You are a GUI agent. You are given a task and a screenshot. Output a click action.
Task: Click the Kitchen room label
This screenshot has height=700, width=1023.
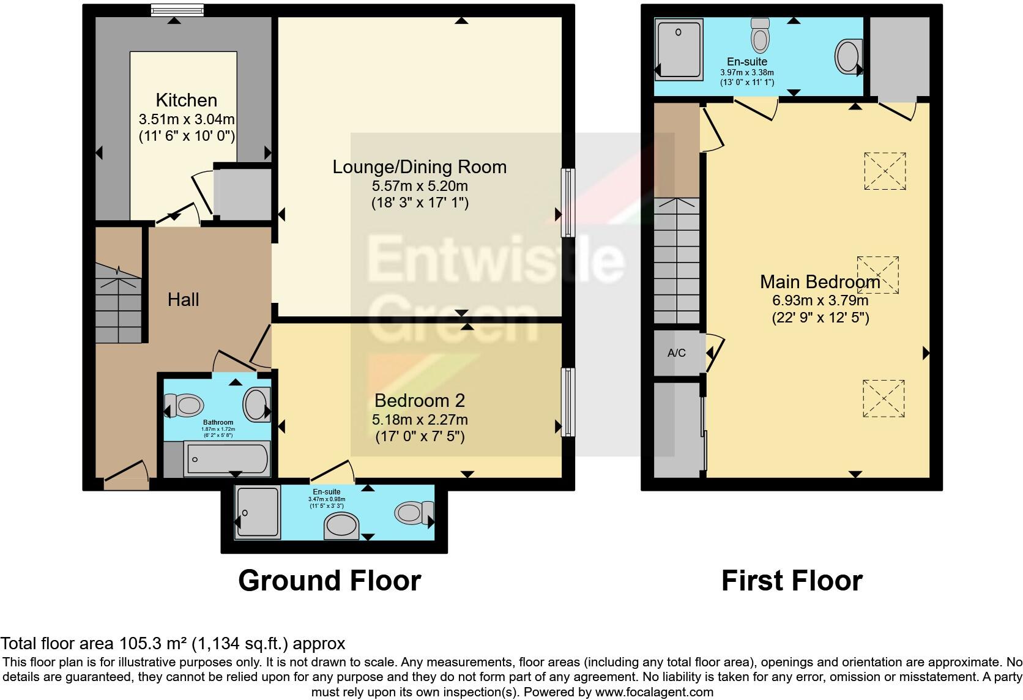pyautogui.click(x=186, y=100)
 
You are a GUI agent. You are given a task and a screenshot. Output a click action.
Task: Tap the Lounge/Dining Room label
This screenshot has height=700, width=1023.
pyautogui.click(x=419, y=167)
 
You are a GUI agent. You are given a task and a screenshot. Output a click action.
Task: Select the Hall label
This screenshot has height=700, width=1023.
pyautogui.click(x=184, y=300)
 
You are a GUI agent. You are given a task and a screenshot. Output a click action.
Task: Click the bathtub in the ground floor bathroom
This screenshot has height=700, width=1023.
pyautogui.click(x=226, y=459)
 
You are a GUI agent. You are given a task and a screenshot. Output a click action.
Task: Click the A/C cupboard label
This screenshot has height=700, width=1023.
pyautogui.click(x=677, y=353)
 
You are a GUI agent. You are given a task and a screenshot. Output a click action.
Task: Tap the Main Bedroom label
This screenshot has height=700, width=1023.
pyautogui.click(x=820, y=282)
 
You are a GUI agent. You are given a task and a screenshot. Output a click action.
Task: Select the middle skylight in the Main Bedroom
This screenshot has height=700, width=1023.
pyautogui.click(x=878, y=275)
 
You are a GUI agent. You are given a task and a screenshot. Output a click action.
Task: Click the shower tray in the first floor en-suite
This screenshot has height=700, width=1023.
pyautogui.click(x=679, y=49)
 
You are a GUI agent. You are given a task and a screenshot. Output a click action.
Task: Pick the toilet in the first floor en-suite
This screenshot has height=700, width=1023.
pyautogui.click(x=760, y=35)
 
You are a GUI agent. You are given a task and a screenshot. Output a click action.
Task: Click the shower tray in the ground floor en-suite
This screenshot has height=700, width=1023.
pyautogui.click(x=258, y=512)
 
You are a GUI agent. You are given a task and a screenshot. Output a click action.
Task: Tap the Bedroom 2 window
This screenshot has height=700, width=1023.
pyautogui.click(x=568, y=402)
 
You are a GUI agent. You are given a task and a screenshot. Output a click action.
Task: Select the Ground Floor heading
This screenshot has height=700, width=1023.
pyautogui.click(x=329, y=581)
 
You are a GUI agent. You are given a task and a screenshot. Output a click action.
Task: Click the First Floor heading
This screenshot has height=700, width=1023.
pyautogui.click(x=792, y=581)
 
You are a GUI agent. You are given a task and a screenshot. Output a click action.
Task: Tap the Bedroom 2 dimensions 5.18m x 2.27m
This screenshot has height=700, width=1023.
pyautogui.click(x=420, y=420)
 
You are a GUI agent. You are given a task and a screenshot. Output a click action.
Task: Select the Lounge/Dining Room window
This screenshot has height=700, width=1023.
pyautogui.click(x=568, y=203)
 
